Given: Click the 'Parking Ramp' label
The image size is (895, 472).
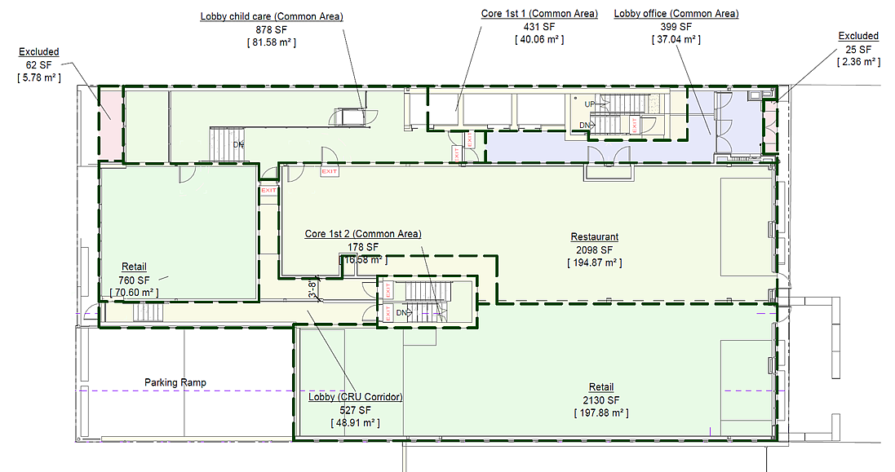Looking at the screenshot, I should pos(175,382).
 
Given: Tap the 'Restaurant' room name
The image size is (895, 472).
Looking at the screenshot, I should pos(594,237).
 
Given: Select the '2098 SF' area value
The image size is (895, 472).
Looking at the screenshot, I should pos(594,250).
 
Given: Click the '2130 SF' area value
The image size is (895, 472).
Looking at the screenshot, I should pos(601,399).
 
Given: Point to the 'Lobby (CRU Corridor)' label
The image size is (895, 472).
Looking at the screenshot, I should pos(356,398).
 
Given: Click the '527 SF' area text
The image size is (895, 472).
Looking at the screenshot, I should pos(355,411).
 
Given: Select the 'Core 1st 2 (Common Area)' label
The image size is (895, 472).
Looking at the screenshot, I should pos(363,234).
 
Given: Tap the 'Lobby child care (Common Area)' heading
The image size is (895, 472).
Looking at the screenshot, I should pos(272,16).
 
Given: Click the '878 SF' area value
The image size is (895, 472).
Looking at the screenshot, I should pos(272,29).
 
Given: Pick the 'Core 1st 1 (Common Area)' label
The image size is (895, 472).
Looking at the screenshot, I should pos(539,14).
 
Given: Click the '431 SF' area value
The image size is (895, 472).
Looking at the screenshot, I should pos(539,26).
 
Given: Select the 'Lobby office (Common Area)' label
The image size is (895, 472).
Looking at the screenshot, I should pos(676,14).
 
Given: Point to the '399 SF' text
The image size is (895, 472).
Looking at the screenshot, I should pos(676,26).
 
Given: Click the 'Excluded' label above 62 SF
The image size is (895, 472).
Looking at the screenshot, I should pos(39,52).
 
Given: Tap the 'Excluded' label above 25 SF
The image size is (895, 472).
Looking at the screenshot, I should pos(858,36).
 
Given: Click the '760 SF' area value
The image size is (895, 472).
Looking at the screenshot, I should pos(134,280).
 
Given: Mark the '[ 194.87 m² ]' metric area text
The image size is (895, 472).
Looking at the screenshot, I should pos(594,263).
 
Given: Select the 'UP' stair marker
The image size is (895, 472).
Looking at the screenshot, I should pos(589,104).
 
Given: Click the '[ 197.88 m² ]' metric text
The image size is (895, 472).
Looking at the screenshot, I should pos(601,412).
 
